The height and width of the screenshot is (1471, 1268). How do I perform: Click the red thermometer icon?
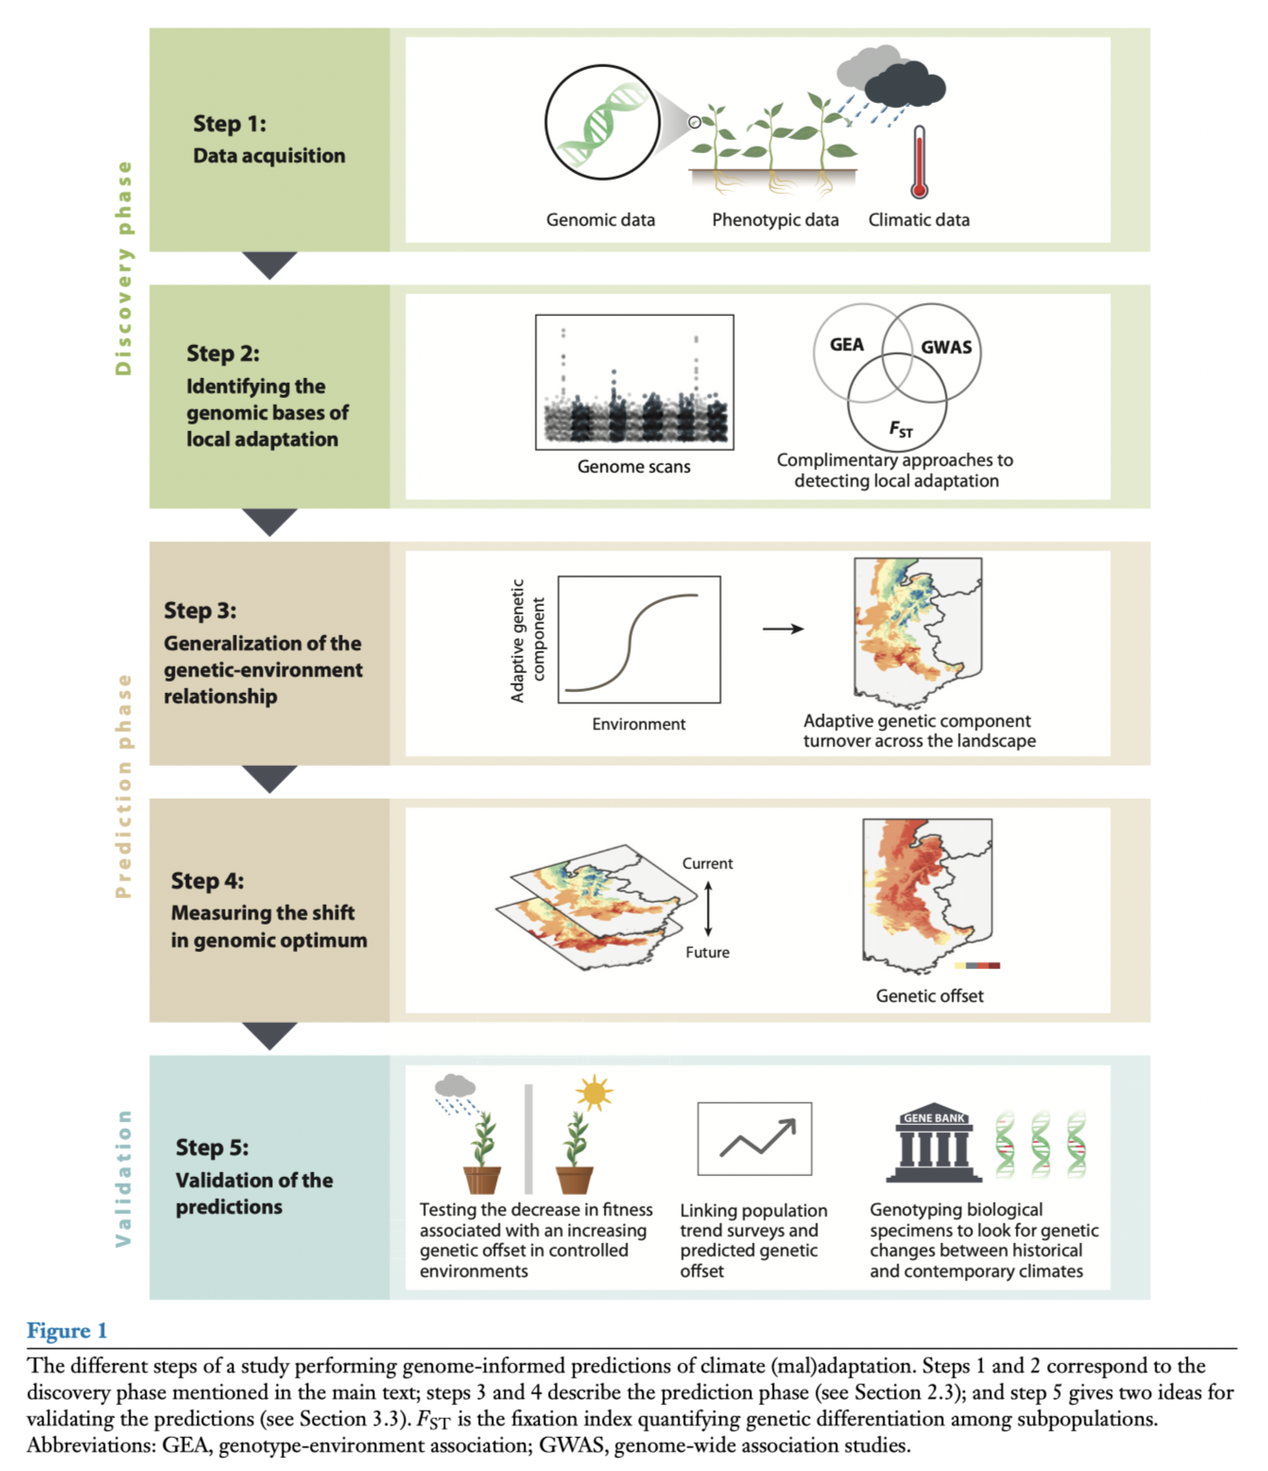[x=918, y=164]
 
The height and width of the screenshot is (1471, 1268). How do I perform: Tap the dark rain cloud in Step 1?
[x=904, y=87]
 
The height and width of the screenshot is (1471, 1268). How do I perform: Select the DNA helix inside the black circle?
[x=602, y=122]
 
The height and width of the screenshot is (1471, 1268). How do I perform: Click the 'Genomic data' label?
[x=600, y=219]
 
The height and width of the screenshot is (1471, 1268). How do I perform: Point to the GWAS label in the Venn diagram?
[x=946, y=347]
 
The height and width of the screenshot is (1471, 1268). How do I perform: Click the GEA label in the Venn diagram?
[x=847, y=344]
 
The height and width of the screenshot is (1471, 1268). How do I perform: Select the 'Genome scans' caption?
[x=633, y=466]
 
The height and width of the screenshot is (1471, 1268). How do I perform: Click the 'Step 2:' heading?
[x=223, y=354]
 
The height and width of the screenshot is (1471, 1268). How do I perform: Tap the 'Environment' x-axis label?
[x=639, y=724]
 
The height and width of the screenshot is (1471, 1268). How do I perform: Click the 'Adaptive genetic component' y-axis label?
[x=527, y=640]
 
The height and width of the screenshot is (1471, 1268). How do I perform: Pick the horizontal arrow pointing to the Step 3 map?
[x=782, y=629]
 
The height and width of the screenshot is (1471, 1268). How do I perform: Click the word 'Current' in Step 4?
[x=707, y=863]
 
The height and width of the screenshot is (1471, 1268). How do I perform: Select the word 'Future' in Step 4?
[x=707, y=952]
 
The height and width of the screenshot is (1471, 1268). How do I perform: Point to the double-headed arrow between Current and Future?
[x=708, y=908]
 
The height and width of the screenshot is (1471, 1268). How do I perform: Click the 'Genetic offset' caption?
[x=929, y=995]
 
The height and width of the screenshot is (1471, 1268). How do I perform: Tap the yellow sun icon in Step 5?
[x=594, y=1094]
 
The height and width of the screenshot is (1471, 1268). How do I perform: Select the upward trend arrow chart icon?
[x=754, y=1138]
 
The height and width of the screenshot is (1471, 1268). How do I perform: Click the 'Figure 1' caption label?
[x=67, y=1331]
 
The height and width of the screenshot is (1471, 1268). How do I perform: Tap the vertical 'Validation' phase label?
[x=123, y=1178]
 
